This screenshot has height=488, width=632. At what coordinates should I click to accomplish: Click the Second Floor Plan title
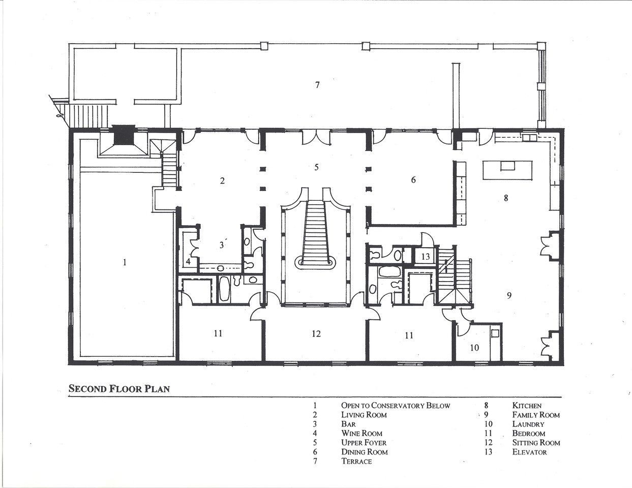(119, 389)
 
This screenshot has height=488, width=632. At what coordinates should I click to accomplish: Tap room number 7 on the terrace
(317, 85)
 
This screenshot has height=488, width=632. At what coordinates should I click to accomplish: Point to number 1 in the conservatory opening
(125, 262)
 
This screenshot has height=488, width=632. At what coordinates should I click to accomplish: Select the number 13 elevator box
(425, 256)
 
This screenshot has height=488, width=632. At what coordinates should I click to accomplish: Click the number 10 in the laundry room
(474, 347)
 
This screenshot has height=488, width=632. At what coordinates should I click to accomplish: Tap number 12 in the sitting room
(316, 333)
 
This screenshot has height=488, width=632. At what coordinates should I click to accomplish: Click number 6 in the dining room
(413, 180)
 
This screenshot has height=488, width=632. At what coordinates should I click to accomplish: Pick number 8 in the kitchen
(506, 198)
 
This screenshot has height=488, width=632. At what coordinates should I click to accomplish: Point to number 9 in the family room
(509, 295)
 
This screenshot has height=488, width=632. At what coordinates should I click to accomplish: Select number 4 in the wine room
(188, 262)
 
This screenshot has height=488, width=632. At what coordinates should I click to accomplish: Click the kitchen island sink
(507, 166)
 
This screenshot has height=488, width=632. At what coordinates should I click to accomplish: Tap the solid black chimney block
(124, 134)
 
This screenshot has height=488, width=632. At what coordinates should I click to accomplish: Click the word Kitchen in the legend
(527, 406)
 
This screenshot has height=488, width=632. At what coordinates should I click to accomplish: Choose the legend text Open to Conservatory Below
(396, 406)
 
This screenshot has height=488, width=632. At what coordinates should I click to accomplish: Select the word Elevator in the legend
(529, 452)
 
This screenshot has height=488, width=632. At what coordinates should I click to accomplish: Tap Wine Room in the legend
(362, 434)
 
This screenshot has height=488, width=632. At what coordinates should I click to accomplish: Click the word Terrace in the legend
(356, 461)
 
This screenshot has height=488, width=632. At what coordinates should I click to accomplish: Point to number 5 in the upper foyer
(316, 167)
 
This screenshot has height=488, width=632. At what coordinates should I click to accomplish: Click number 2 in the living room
(223, 181)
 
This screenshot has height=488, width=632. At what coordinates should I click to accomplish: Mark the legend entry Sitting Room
(536, 443)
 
